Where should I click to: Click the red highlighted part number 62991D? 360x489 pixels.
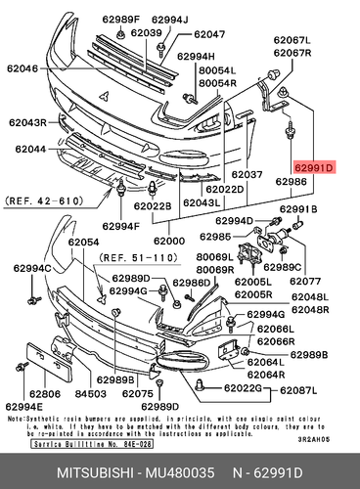tap(314, 169)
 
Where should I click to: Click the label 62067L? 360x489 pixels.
tap(292, 40)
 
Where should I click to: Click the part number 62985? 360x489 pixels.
tap(215, 236)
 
